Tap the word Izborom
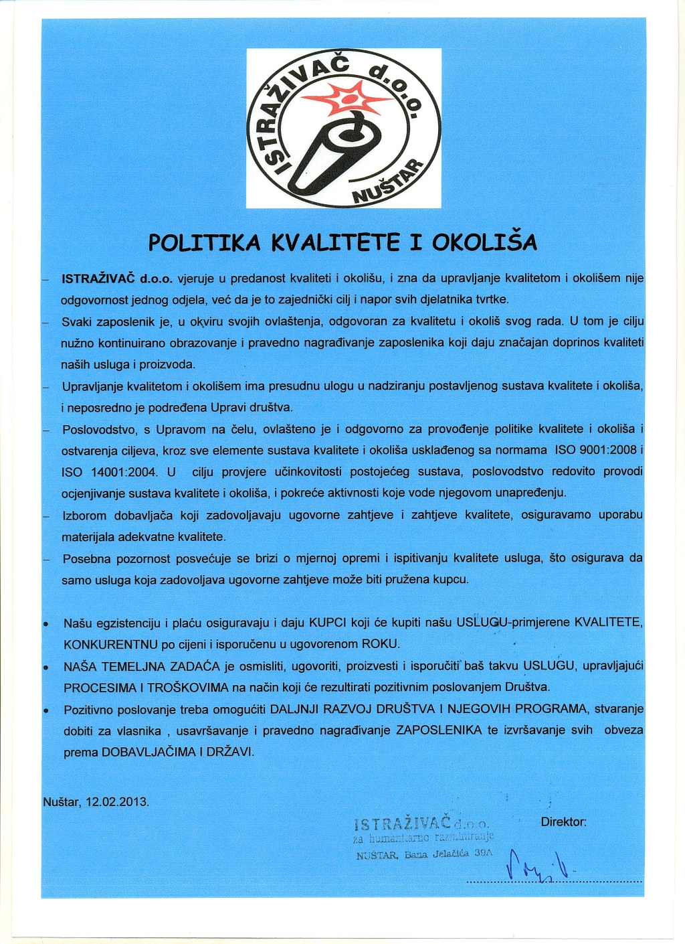[84, 516]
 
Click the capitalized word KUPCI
[327, 623]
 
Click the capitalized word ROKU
[380, 644]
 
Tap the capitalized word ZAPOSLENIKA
[439, 730]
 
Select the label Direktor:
[563, 821]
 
